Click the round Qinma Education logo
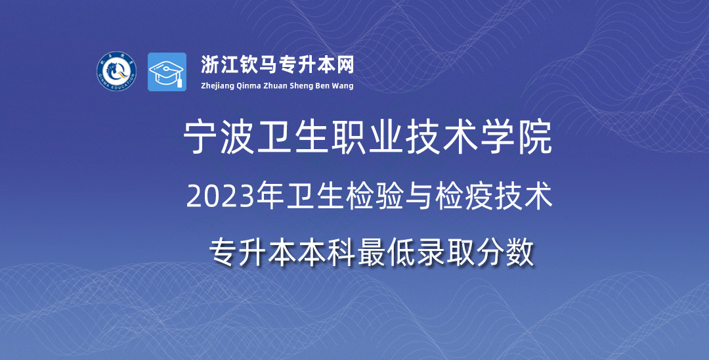[117, 72]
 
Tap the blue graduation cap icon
[167, 72]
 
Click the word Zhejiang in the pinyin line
[217, 86]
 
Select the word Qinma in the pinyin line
[247, 86]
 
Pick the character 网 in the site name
[345, 65]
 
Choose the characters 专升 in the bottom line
[237, 252]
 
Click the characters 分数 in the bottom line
[506, 252]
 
